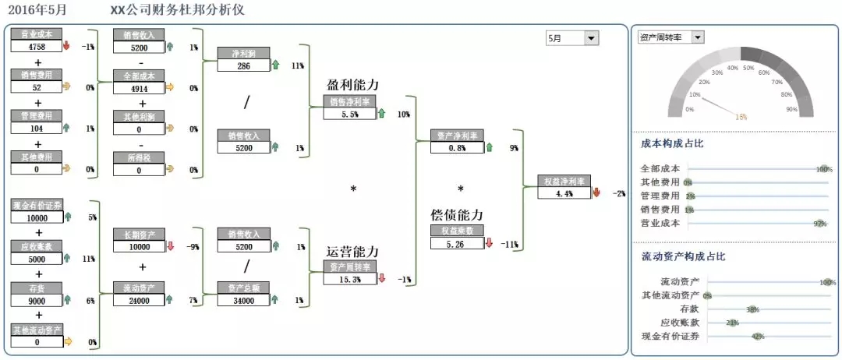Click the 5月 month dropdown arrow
coord(591,37)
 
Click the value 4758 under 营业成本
coord(36,46)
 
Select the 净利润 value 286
coord(242,65)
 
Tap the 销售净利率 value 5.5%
coord(348,114)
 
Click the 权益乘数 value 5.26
coord(456,243)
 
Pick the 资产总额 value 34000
coord(242,300)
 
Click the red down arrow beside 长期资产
coord(170,247)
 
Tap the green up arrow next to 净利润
coord(274,65)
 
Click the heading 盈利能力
coord(355,84)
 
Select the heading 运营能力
coord(352,252)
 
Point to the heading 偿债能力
coord(457,214)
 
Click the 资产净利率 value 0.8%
coord(456,148)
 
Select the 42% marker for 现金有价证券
coord(756,337)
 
